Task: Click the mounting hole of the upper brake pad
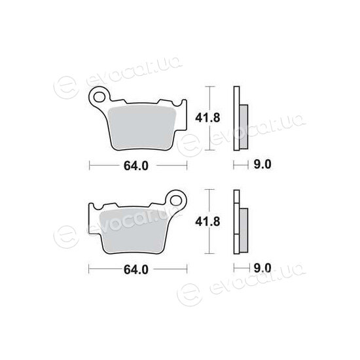pos(99,97)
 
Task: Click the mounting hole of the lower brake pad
pos(176,201)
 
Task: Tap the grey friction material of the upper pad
pos(141,128)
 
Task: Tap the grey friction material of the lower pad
pos(134,232)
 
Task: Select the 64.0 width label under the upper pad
pos(136,166)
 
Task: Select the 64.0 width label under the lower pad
pos(136,270)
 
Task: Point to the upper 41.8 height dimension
pos(207,118)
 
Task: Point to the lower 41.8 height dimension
pos(207,222)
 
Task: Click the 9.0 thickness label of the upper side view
pos(262,164)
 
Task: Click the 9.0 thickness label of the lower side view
pos(262,268)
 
